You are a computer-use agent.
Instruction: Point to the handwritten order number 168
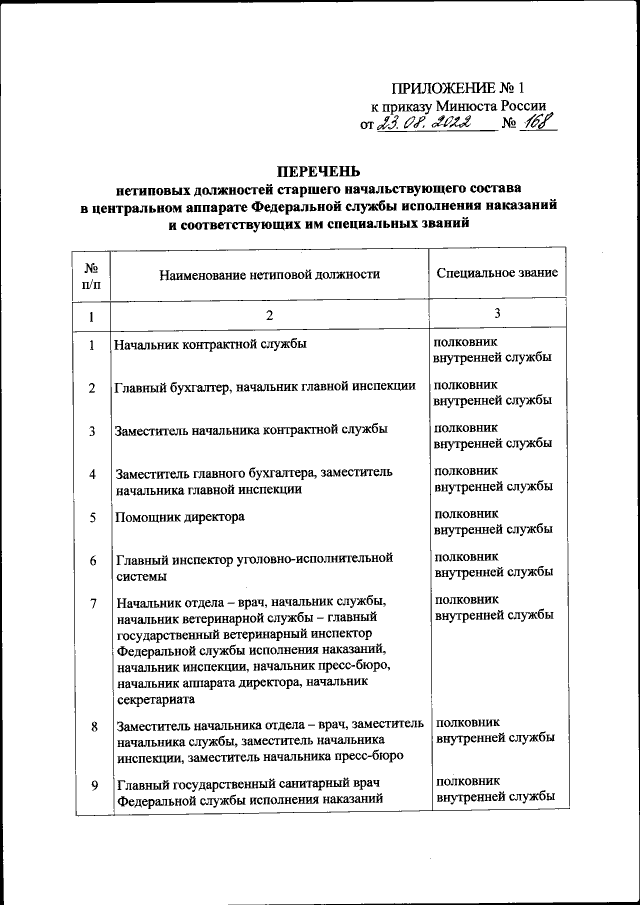pyautogui.click(x=539, y=125)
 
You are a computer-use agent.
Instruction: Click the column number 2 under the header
pyautogui.click(x=269, y=316)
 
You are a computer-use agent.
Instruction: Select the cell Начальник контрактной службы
pyautogui.click(x=210, y=345)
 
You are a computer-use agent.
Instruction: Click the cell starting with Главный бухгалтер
pyautogui.click(x=265, y=388)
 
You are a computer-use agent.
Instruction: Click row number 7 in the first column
pyautogui.click(x=91, y=603)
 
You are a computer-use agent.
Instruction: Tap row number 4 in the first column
pyautogui.click(x=91, y=474)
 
